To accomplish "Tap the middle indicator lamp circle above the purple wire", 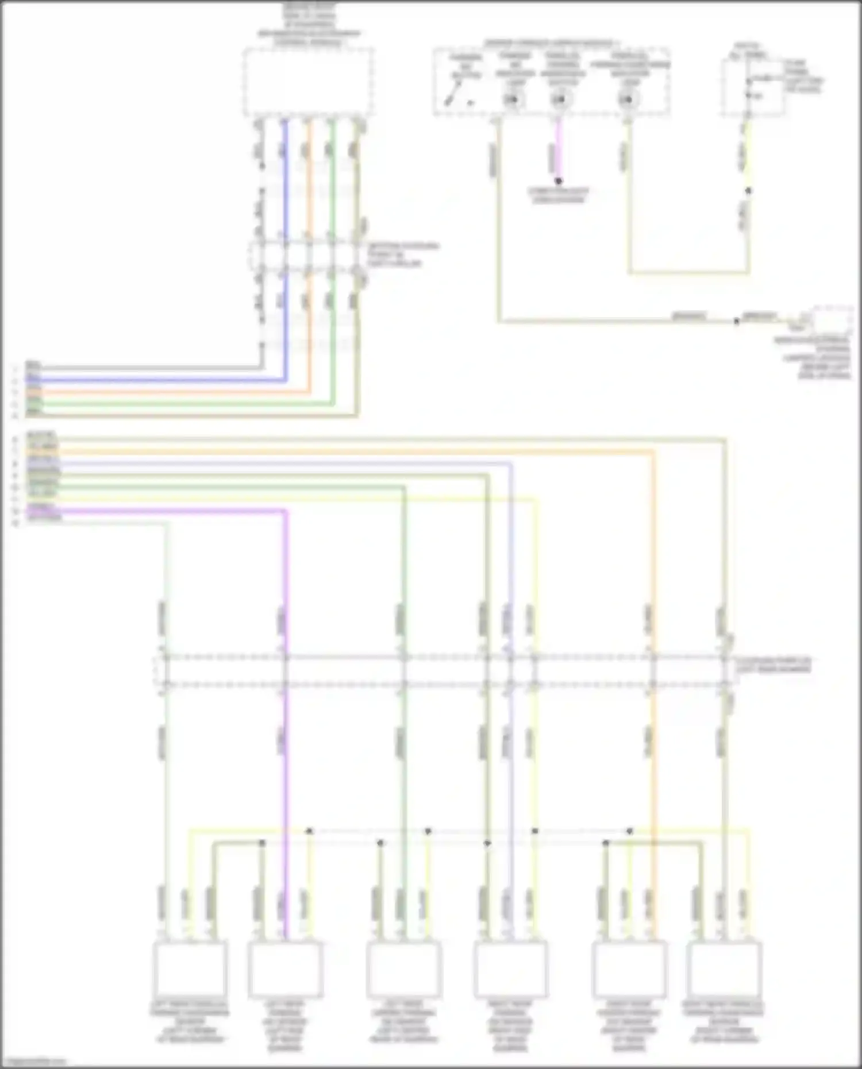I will [559, 100].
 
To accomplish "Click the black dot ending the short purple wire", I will [559, 181].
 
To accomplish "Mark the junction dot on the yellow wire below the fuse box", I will [748, 191].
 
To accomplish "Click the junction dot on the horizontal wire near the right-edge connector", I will [736, 321].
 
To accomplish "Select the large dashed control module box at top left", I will [308, 82].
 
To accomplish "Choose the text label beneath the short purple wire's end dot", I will [559, 196].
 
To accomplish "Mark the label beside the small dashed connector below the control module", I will [402, 255].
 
